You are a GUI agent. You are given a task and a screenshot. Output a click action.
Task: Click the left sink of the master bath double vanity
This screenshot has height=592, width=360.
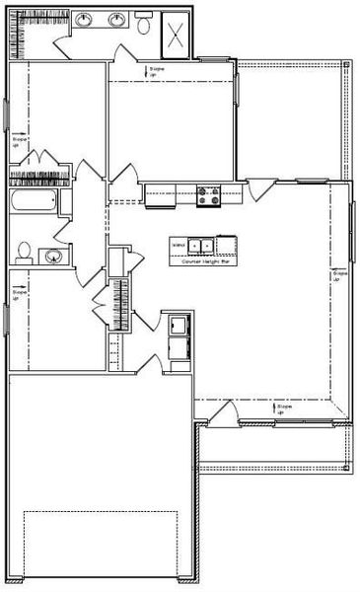point(86,19)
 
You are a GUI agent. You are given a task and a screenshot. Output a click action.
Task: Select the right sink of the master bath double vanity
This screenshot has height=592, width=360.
point(116,19)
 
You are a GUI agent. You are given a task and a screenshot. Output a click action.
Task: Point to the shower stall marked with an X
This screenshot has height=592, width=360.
point(177,36)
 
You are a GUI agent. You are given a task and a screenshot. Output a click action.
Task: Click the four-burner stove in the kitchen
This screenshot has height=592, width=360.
point(209,195)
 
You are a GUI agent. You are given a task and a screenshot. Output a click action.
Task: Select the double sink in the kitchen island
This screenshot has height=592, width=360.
point(201,245)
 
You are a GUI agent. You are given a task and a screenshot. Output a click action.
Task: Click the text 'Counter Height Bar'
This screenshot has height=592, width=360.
point(204,262)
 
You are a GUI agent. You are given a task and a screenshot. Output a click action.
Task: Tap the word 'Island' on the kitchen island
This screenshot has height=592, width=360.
point(179,245)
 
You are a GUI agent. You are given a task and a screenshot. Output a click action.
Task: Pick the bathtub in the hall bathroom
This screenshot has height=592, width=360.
point(33,204)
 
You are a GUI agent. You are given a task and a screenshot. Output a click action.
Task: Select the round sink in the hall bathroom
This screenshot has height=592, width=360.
point(51,256)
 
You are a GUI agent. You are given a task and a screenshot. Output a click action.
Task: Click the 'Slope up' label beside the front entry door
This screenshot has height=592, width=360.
point(285,407)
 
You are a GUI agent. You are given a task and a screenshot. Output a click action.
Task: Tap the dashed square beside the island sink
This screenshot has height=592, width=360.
point(226,245)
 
